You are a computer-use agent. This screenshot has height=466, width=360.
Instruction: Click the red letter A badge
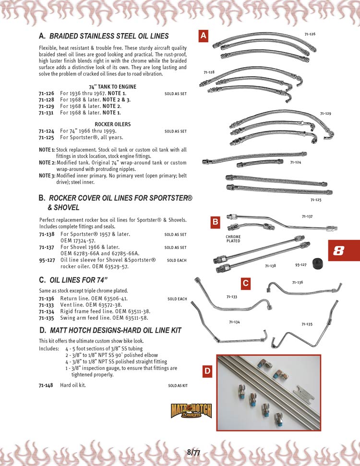pos(203,36)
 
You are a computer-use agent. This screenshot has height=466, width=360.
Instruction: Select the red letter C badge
pos(245,284)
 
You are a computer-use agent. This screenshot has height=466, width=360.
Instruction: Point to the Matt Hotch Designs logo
pos(191,411)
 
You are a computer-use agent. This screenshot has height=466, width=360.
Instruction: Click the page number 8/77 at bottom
pos(193,452)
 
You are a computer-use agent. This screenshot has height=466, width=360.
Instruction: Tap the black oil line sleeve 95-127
pos(317,263)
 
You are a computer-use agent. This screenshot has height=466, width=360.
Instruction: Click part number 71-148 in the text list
pos(47,385)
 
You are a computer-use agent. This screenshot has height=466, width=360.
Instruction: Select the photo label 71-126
pos(310,34)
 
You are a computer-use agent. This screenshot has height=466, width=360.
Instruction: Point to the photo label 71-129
pos(325,113)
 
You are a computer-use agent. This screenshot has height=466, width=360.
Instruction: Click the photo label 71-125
pos(315,199)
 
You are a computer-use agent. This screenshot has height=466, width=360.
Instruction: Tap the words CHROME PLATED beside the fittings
pos(233,239)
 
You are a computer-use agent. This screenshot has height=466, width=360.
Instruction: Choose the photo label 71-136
pos(297,282)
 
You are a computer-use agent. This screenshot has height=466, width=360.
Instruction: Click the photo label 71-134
pos(234,322)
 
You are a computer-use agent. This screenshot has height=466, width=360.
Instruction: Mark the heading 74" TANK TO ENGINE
pos(113,87)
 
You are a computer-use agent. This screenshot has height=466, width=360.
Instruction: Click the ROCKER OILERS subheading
pos(113,124)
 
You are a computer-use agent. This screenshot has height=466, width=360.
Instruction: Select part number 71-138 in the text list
pos(47,235)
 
